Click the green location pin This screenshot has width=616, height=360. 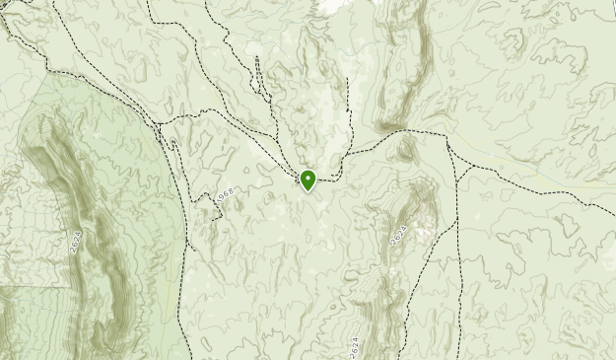[308, 180]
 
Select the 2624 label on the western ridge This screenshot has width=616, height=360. [75, 243]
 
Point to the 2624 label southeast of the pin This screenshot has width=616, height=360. [397, 235]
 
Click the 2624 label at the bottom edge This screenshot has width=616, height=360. [354, 348]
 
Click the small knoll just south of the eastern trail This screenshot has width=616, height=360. [406, 149]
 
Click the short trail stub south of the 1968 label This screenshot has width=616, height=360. [193, 242]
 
